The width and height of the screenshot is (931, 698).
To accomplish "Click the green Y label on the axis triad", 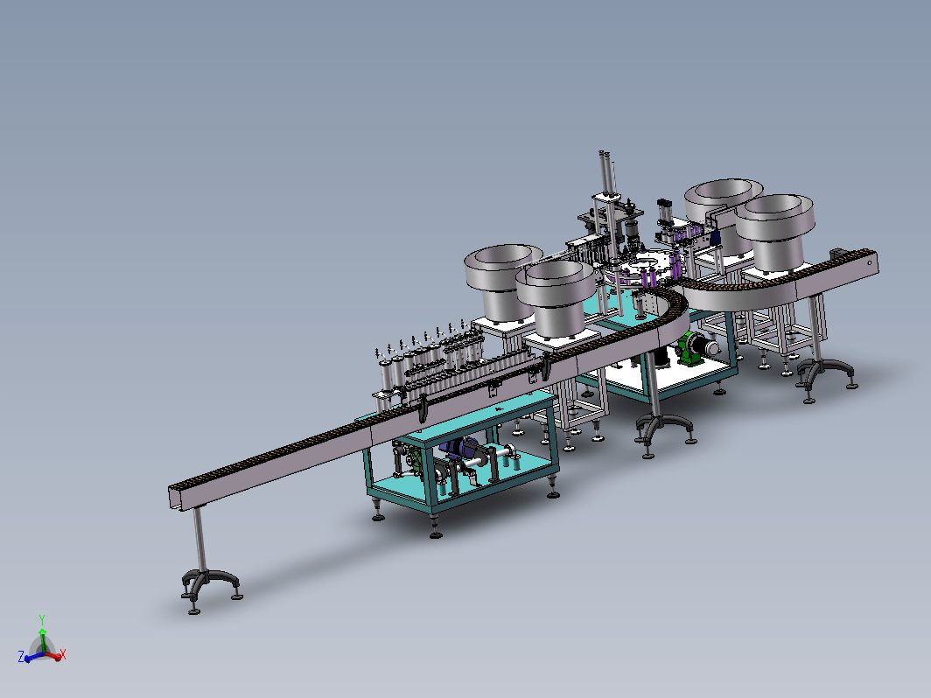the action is (x=42, y=619).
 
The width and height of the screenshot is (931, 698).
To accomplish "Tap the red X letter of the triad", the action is (x=63, y=654).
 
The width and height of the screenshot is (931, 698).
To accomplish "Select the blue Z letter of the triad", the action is (x=21, y=656).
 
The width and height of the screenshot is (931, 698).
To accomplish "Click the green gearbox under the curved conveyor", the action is (x=689, y=348).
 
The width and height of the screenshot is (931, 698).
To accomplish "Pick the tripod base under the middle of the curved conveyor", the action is (x=664, y=430).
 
